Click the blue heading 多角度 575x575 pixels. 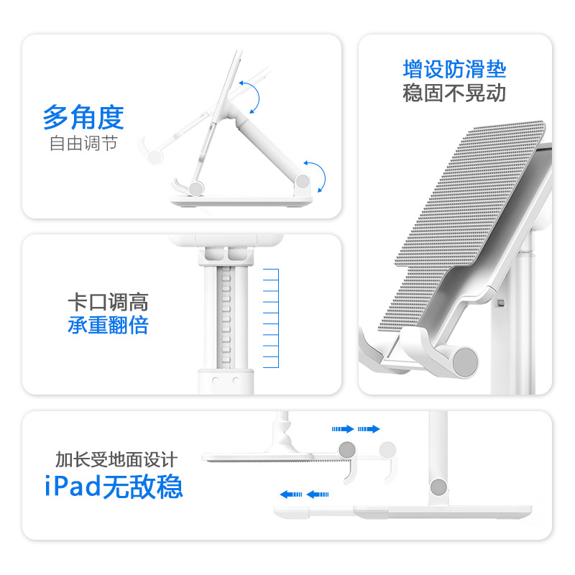[x=83, y=116]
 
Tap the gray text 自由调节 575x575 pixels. [x=83, y=143]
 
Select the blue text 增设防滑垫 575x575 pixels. [x=454, y=70]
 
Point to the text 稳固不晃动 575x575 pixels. [x=454, y=93]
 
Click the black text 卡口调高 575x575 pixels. [x=108, y=302]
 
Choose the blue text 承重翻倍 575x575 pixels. [x=108, y=325]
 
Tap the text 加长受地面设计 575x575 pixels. [x=116, y=459]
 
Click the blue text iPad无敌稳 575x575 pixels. [x=112, y=487]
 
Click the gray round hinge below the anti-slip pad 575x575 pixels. [x=463, y=359]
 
